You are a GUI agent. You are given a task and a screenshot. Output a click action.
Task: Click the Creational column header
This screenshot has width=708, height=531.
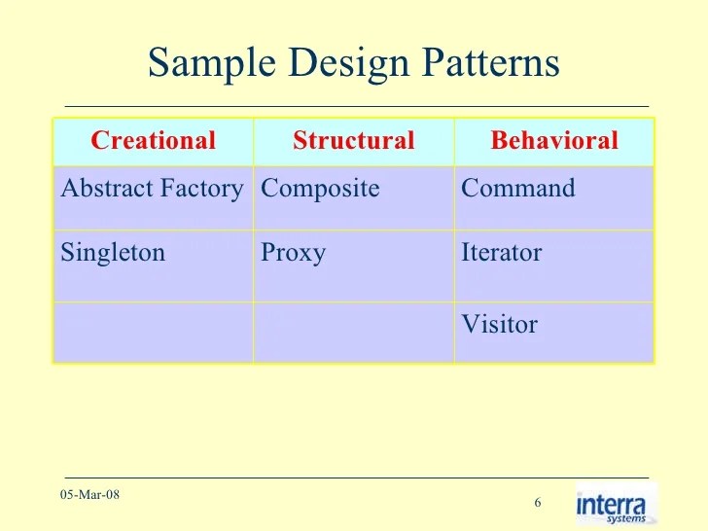(x=153, y=141)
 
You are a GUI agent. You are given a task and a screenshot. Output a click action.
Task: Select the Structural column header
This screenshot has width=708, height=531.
(x=353, y=141)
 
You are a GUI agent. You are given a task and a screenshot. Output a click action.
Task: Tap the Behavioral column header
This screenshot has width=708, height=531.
(x=554, y=141)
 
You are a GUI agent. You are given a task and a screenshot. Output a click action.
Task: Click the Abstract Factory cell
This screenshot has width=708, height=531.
(x=152, y=189)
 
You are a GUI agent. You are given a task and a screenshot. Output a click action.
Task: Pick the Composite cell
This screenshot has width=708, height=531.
(x=320, y=189)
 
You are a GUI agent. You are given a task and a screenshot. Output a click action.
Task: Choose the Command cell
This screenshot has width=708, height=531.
(x=518, y=189)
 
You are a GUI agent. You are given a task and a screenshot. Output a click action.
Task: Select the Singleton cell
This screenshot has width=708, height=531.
(x=113, y=253)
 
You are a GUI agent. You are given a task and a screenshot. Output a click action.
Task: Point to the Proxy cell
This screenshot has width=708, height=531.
(x=293, y=253)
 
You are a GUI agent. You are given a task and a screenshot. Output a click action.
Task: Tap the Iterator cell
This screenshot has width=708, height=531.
(x=501, y=253)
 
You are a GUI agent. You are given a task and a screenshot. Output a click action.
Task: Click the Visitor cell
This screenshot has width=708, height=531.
(x=499, y=325)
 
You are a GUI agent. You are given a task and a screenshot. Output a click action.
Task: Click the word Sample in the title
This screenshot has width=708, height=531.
(x=207, y=64)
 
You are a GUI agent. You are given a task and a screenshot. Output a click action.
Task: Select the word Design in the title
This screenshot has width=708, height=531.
(x=336, y=64)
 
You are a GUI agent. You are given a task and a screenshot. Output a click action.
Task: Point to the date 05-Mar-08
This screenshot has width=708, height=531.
(x=89, y=495)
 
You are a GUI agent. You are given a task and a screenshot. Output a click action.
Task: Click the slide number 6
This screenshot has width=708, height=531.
(x=537, y=503)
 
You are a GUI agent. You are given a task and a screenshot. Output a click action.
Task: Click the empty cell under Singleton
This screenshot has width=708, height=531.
(x=153, y=332)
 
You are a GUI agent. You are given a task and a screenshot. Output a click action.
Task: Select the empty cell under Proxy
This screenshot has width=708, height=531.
(x=353, y=332)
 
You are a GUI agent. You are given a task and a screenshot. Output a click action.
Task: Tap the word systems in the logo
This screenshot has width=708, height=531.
(x=627, y=518)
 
